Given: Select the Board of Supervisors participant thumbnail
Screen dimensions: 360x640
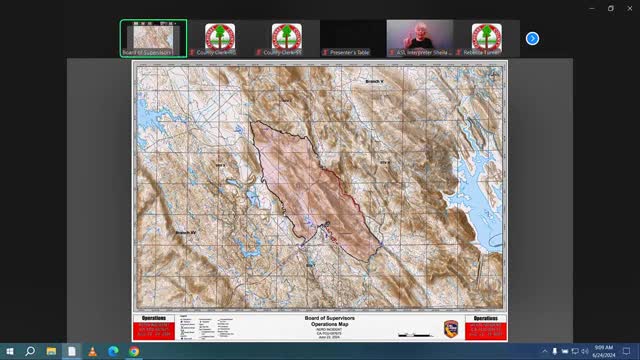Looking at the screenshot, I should pos(153,38).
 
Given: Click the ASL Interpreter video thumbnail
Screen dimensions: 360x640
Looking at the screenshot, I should pos(419,38).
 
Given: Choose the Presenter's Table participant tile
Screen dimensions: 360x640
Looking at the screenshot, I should pos(353,38).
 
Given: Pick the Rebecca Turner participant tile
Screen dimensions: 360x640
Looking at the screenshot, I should pos(486,38).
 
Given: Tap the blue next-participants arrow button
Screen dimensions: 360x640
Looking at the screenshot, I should pos(532,38).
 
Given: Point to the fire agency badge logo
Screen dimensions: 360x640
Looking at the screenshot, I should pos(451,327).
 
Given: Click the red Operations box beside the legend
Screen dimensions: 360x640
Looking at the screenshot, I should pos(156,327).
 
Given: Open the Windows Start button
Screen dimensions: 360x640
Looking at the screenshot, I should pos(9,351).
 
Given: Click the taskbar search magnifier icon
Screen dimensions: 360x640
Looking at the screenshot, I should pos(30,351).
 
